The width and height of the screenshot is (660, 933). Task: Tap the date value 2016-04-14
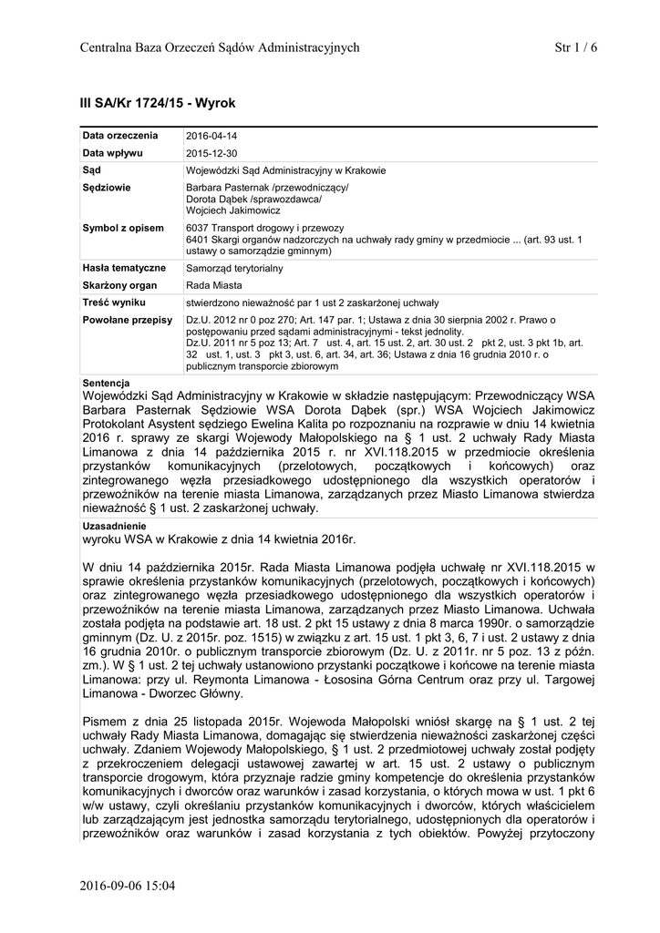211,136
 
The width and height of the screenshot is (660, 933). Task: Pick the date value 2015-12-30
211,153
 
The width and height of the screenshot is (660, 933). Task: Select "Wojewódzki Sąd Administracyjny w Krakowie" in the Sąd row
285,170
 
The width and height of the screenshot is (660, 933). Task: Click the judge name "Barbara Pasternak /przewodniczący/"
266,188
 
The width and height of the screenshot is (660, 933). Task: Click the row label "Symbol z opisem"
123,228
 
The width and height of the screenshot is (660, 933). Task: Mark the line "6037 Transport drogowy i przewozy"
263,228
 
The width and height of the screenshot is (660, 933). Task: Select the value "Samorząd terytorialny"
234,269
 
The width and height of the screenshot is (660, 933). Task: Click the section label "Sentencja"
106,382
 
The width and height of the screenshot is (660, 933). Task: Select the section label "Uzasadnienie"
113,527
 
